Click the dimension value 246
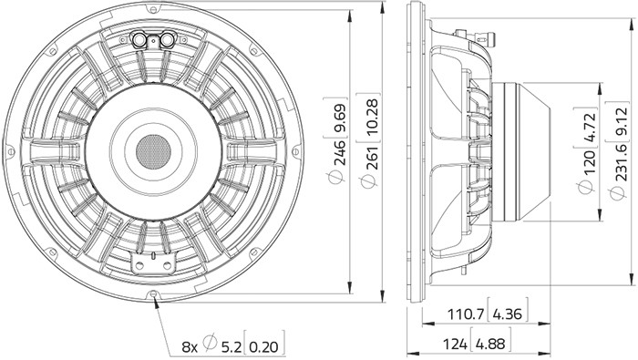[340, 152]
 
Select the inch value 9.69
[340, 118]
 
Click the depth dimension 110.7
[466, 314]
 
